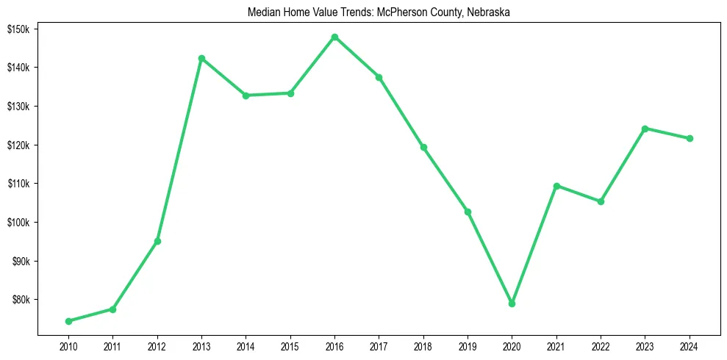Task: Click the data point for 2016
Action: [x=334, y=37]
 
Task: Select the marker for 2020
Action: [x=512, y=303]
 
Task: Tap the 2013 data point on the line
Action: [x=201, y=58]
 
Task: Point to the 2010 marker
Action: [x=68, y=321]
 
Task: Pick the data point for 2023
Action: [x=645, y=129]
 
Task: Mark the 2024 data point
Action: [x=690, y=138]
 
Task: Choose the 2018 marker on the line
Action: [x=423, y=147]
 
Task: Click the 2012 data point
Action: [x=157, y=241]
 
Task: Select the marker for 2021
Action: [x=556, y=186]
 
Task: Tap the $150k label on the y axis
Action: [x=18, y=29]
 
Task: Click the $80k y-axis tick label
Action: [x=20, y=300]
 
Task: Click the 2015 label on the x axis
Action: [x=290, y=346]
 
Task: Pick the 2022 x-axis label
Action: [x=601, y=346]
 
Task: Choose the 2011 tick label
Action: [x=112, y=346]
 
